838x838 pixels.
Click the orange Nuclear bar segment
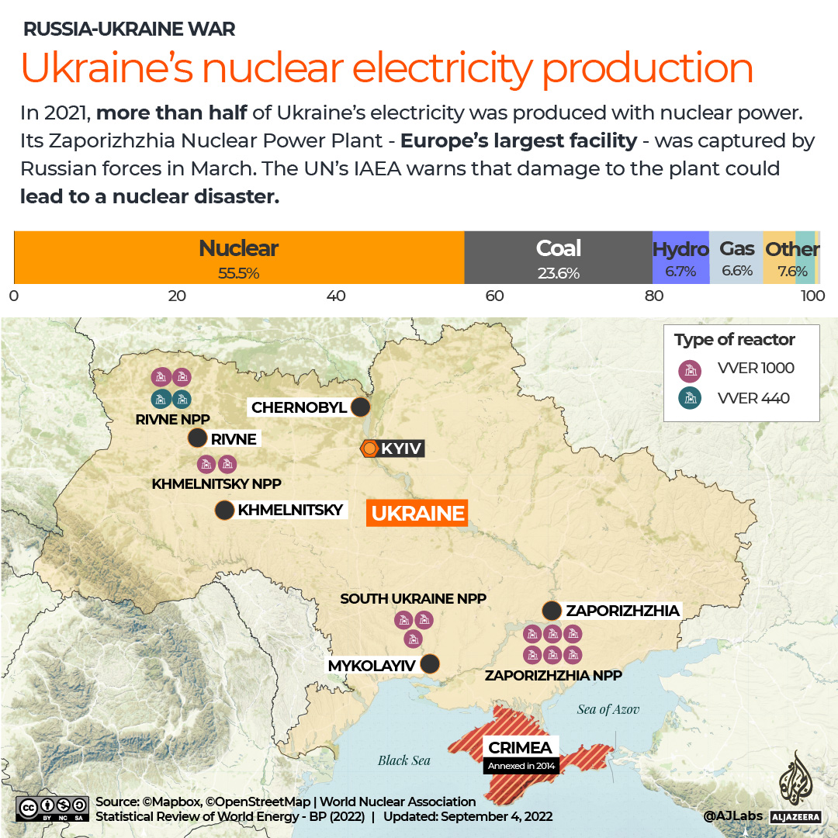239,258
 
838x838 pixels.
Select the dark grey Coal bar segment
558,258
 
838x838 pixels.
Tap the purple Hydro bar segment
680,258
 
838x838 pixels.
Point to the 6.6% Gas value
736,272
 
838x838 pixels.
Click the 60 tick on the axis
494,296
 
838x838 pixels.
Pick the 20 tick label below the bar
177,296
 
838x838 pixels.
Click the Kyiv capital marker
370,448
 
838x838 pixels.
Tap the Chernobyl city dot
360,407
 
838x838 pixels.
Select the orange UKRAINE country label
417,513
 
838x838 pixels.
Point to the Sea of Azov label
608,709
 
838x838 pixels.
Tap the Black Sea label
403,760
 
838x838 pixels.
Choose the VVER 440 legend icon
689,399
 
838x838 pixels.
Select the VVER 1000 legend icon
689,369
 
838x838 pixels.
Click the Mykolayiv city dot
429,664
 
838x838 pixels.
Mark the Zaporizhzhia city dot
552,610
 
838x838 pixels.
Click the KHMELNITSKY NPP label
216,484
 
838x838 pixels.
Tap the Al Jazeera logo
795,788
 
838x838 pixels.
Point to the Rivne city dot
197,438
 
